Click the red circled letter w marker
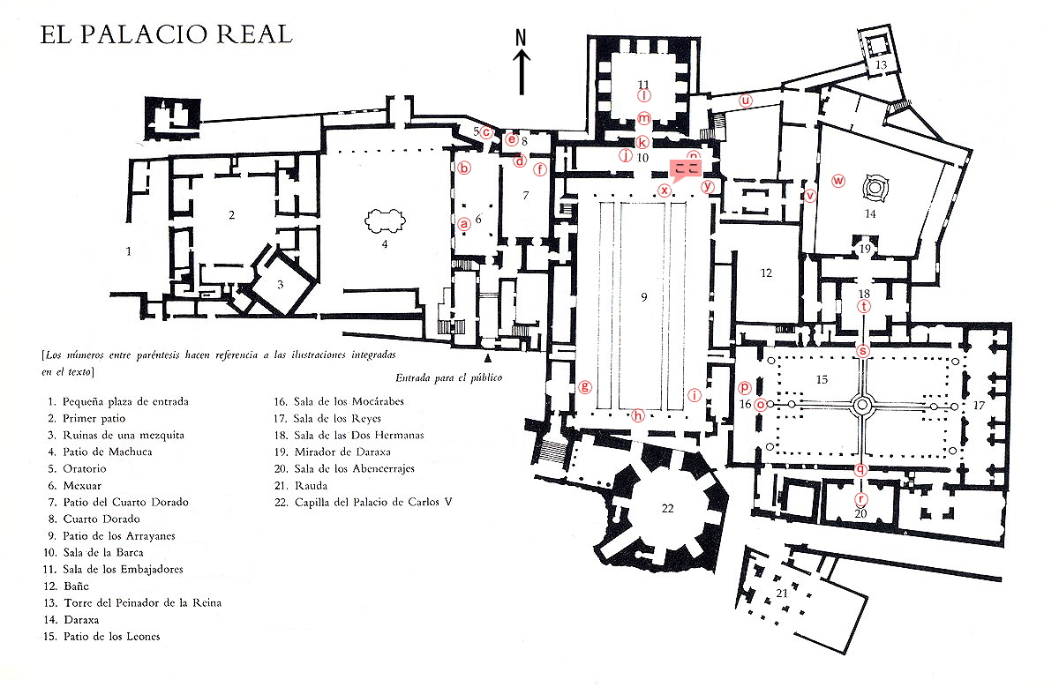838,181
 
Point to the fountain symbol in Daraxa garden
873,187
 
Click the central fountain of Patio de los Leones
862,405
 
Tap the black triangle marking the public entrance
487,359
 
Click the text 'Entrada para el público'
448,377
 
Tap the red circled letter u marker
746,100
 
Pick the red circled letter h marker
638,414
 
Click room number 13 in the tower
880,64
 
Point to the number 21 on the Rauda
782,593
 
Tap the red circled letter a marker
463,224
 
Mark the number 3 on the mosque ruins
280,284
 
